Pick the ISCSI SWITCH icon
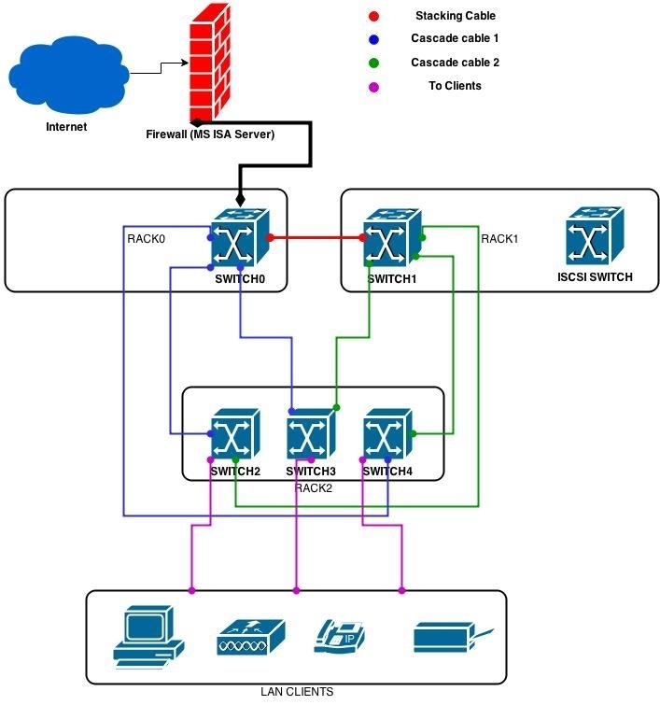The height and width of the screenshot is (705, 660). coord(594,237)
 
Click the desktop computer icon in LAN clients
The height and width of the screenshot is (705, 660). coord(148,634)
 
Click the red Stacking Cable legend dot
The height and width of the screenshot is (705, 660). coord(372,16)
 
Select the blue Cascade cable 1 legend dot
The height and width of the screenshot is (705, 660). coord(372,39)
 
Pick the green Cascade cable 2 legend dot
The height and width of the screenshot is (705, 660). coord(372,63)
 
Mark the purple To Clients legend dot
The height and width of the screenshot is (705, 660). coord(372,86)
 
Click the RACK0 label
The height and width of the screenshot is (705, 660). coord(146,239)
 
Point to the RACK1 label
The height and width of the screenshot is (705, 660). coord(499,239)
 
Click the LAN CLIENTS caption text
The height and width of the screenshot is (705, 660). coord(296,692)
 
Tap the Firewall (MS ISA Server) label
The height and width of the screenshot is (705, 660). coord(210,135)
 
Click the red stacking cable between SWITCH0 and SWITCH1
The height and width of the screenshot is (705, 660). coord(316,238)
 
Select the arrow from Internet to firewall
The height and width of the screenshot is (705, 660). coord(160,65)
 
